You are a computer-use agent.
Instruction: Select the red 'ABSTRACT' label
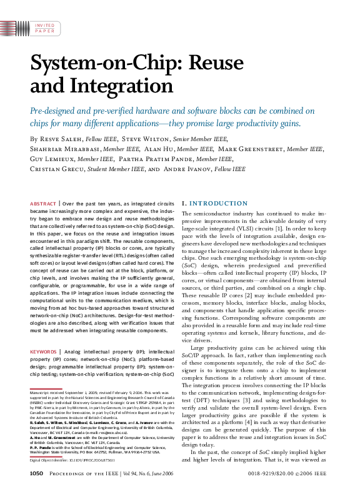point(42,204)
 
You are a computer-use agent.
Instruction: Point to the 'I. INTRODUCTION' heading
point(214,204)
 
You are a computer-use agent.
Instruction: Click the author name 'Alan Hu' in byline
point(161,149)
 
